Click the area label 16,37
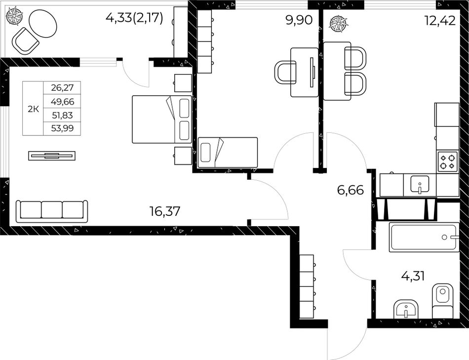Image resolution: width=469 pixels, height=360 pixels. (x=165, y=211)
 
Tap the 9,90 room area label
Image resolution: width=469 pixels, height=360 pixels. (x=299, y=21)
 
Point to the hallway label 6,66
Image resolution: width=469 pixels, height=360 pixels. (x=351, y=190)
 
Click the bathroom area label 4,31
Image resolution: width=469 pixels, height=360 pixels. (x=413, y=277)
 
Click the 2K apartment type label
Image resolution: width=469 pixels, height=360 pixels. (x=33, y=109)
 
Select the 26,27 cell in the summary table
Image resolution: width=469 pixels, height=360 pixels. (x=62, y=88)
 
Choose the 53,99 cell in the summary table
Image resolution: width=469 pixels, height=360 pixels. (x=62, y=128)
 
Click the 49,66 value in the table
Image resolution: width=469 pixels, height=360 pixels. (x=62, y=101)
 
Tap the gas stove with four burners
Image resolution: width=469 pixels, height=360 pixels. (x=448, y=161)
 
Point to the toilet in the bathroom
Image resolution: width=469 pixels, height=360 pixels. (x=443, y=301)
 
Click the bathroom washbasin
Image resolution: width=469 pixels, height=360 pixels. (x=406, y=309)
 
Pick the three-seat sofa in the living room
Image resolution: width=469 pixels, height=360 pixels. (x=52, y=211)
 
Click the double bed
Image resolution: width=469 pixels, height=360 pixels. (x=162, y=119)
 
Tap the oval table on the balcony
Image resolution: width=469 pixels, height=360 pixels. (x=43, y=23)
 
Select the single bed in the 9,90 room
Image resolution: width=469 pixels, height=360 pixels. (x=228, y=152)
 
